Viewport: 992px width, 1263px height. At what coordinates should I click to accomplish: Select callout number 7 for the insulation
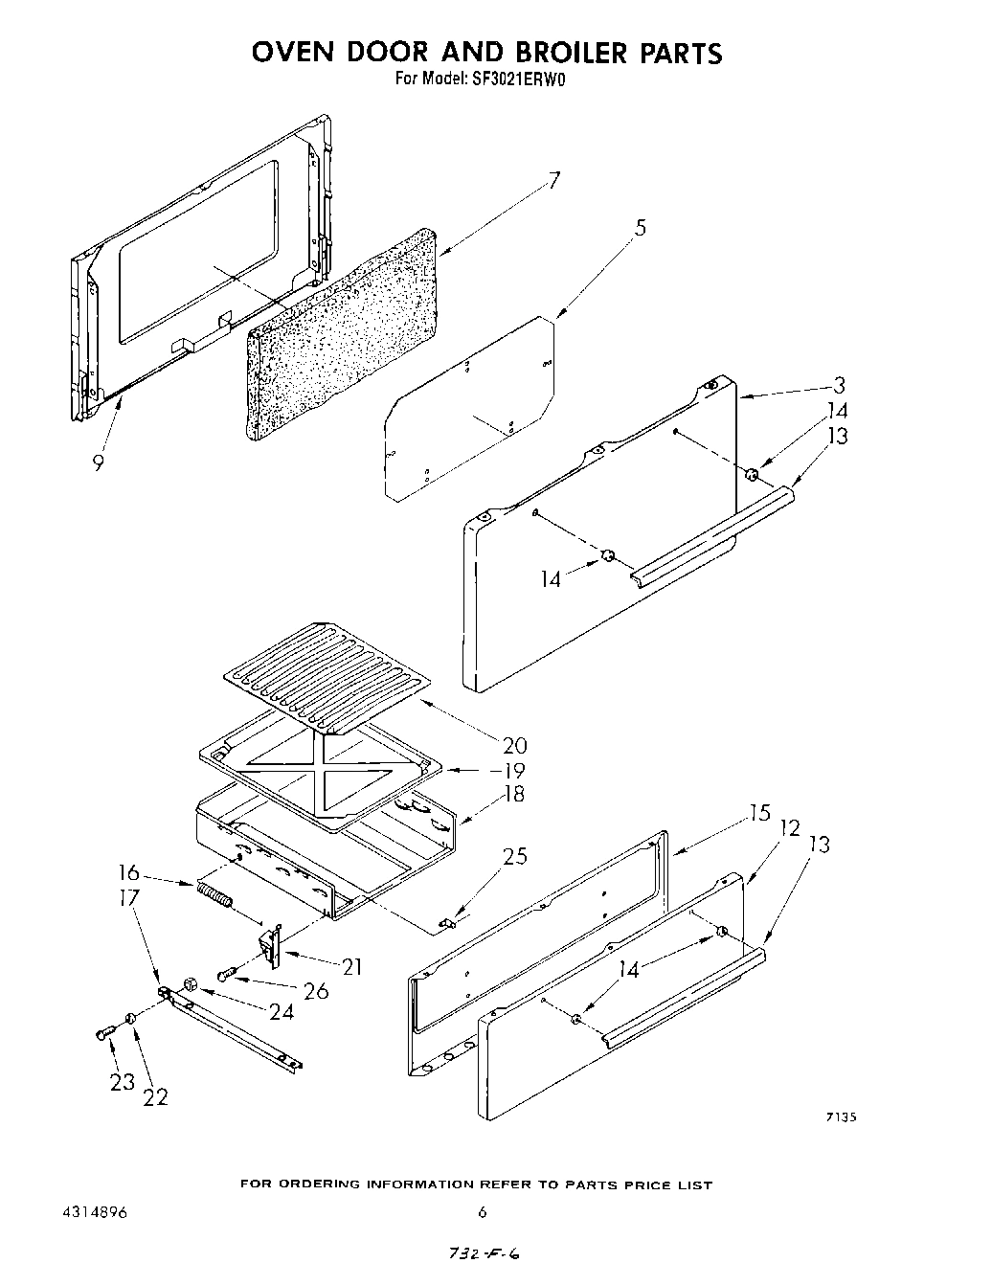point(554,180)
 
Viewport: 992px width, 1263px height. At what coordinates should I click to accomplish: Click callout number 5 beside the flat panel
point(640,227)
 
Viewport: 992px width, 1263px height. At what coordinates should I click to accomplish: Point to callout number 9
point(98,462)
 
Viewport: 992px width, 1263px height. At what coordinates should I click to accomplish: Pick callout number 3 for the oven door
point(839,385)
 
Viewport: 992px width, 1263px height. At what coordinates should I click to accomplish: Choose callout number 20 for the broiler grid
point(514,746)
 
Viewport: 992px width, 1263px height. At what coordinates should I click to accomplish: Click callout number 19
point(514,770)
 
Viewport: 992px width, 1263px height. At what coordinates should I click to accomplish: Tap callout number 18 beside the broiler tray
point(514,794)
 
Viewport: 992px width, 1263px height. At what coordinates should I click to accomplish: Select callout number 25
point(514,856)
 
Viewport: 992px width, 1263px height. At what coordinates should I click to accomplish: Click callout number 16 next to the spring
point(129,873)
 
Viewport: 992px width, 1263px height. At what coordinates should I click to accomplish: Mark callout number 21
point(351,967)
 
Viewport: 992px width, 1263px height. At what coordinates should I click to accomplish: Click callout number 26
point(315,991)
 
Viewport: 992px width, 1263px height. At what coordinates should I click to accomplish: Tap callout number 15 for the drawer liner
point(759,813)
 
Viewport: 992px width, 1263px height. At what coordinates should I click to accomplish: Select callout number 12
point(789,827)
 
